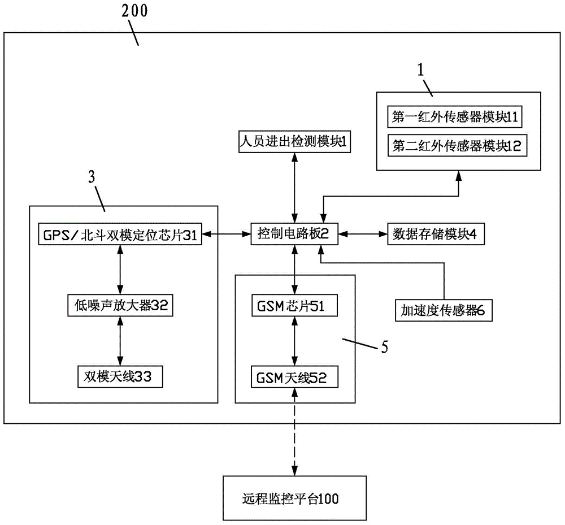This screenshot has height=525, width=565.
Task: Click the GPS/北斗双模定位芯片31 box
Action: (119, 235)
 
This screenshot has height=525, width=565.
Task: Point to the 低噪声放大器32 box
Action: (119, 306)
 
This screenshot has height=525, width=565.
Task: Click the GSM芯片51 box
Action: (294, 306)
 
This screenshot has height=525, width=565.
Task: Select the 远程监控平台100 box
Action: (294, 498)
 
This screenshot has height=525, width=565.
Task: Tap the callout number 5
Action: (384, 346)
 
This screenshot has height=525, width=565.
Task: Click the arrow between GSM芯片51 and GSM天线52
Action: (294, 342)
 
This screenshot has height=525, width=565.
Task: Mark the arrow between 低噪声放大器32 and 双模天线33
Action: (119, 341)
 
